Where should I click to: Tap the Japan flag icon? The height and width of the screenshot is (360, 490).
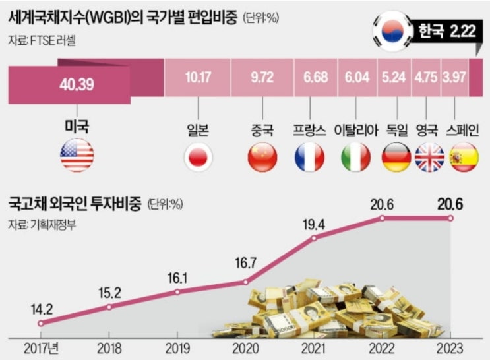tap(197, 157)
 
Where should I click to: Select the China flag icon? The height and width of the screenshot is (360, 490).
tap(262, 157)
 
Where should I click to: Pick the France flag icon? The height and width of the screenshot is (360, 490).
tap(309, 157)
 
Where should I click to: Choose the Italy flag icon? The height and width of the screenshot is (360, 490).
tap(356, 157)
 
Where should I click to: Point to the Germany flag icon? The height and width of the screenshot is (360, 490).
tap(396, 157)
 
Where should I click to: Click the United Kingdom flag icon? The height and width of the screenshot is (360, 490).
tap(430, 157)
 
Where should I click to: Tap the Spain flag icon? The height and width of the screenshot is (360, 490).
tap(463, 157)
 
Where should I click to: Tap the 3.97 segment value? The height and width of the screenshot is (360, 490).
tap(454, 77)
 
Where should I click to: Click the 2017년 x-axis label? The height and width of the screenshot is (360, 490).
tap(42, 347)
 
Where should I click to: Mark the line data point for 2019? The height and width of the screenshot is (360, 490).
tap(177, 292)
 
